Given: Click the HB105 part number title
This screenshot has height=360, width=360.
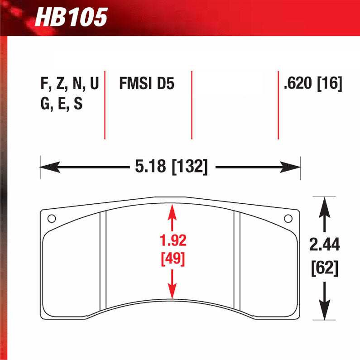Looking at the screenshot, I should [x=71, y=17].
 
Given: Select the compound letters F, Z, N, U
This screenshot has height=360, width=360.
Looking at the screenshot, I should [x=69, y=84].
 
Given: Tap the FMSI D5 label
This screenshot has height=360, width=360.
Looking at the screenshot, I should [x=146, y=84].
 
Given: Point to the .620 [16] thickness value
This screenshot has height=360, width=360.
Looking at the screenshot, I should [x=312, y=84].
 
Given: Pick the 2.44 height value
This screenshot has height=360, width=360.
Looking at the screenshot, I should [x=324, y=245].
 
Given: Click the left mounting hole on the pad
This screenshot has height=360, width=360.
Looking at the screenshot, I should [x=52, y=219].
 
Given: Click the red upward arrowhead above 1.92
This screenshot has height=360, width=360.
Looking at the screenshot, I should [x=172, y=210].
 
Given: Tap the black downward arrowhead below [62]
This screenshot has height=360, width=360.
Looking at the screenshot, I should [x=324, y=312].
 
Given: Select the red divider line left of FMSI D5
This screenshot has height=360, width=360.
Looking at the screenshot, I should [x=105, y=105].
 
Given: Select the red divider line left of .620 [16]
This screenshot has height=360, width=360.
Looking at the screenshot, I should [x=278, y=105].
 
